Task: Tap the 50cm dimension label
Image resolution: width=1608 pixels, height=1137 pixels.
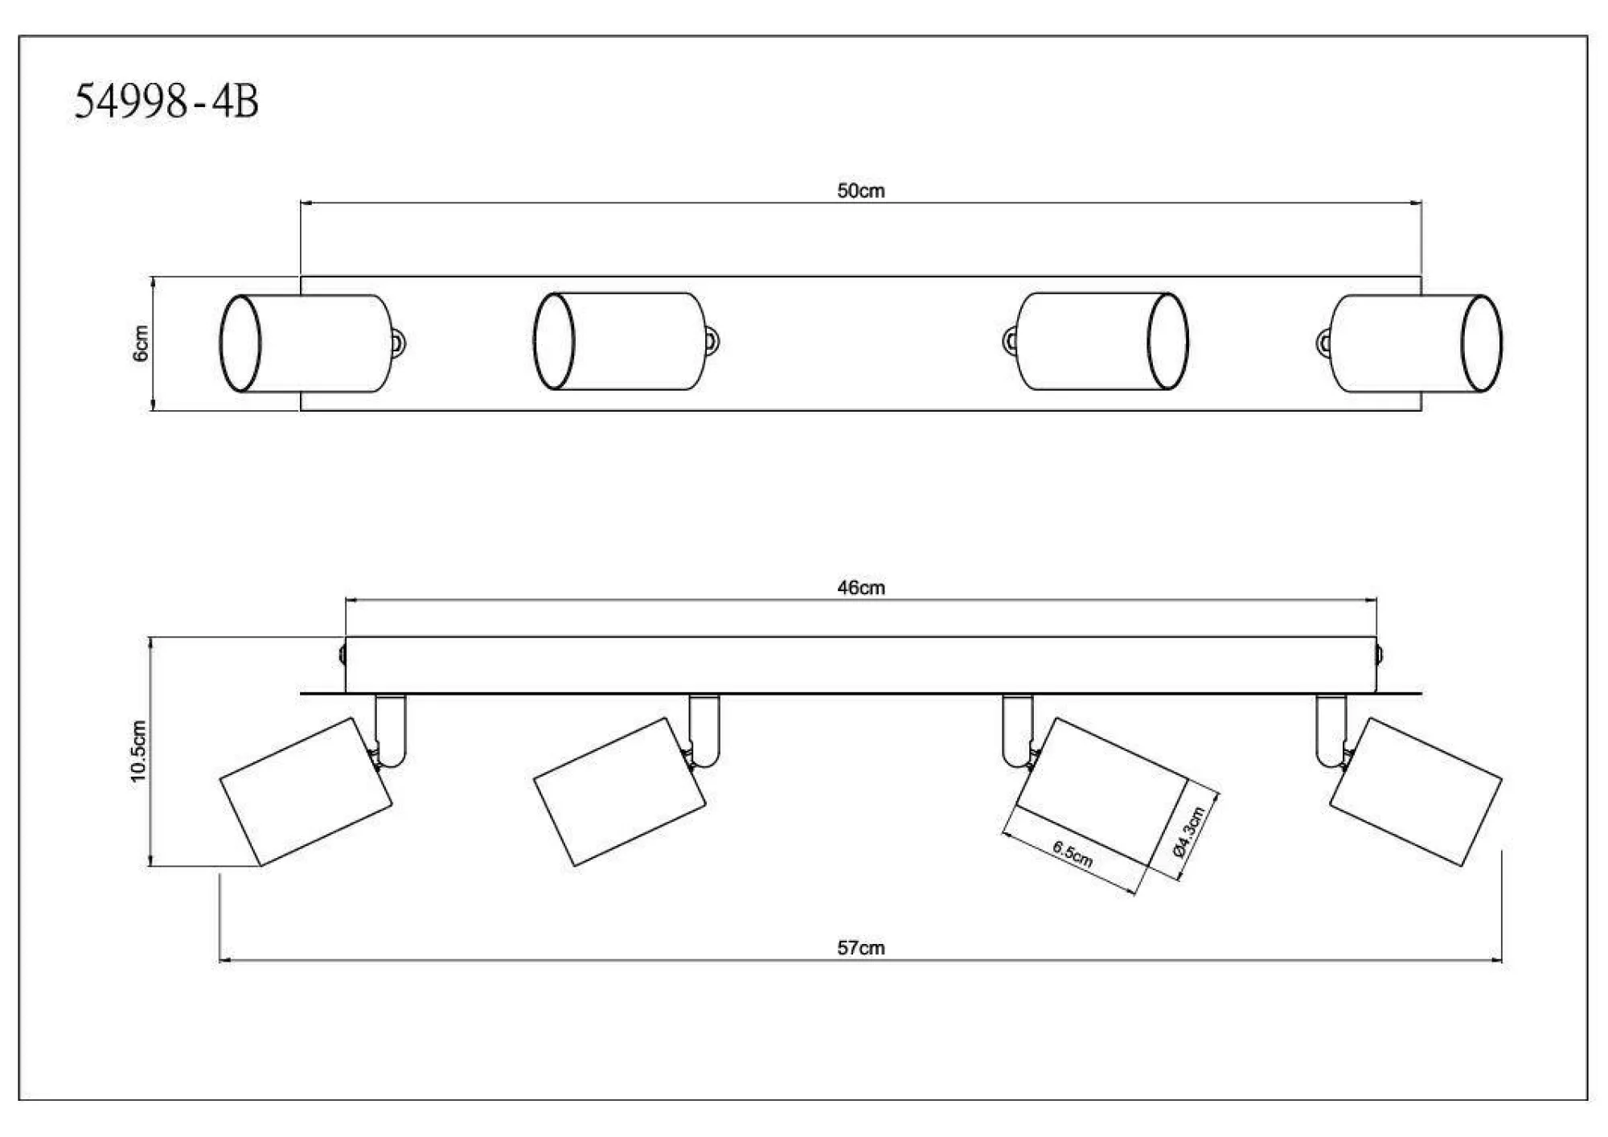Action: [x=860, y=191]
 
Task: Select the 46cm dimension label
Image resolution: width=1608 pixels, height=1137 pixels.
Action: [x=860, y=588]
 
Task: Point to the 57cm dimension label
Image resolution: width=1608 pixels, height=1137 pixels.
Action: [x=860, y=948]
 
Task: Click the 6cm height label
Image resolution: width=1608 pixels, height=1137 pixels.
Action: [x=141, y=343]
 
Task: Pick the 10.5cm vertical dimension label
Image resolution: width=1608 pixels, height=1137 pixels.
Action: [x=138, y=751]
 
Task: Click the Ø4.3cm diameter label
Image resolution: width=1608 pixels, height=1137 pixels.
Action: [x=1189, y=831]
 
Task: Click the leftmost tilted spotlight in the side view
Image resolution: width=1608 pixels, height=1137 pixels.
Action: [x=306, y=792]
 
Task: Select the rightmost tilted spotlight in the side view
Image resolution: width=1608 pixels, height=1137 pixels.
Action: [x=1416, y=792]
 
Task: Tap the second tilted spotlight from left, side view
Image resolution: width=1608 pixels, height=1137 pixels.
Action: [x=620, y=792]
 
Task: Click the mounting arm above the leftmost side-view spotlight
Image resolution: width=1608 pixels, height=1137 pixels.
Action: [x=392, y=728]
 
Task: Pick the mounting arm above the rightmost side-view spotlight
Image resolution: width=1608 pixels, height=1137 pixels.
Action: [x=1330, y=728]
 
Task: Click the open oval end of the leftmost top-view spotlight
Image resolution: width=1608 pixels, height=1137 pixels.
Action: [x=240, y=343]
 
